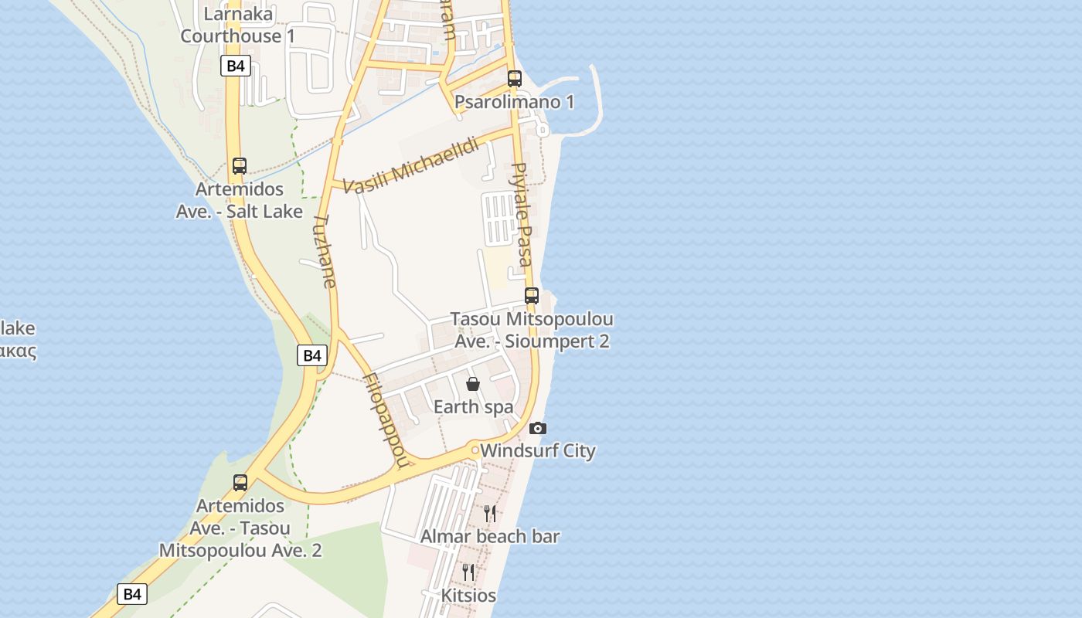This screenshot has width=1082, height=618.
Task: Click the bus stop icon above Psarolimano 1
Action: click(515, 78)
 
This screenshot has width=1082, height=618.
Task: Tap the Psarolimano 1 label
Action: click(514, 102)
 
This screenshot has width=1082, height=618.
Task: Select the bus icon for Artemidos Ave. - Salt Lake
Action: click(240, 165)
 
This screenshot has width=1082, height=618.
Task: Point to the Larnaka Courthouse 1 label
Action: click(238, 25)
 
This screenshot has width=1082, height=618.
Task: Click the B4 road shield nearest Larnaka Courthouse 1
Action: click(236, 66)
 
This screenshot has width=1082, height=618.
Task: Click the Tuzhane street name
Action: click(325, 251)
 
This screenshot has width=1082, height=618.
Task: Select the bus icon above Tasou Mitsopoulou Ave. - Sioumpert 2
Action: click(531, 295)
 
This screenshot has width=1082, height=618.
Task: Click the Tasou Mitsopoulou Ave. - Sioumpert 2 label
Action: click(532, 330)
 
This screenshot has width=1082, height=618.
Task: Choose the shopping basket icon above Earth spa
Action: click(473, 384)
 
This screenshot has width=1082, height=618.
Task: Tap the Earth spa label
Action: click(473, 407)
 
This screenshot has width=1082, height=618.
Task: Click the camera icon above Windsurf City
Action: click(537, 428)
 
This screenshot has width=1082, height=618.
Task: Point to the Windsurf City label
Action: click(538, 450)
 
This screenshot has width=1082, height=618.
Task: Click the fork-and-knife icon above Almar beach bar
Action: click(489, 513)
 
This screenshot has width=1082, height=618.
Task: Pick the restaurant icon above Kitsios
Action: click(468, 572)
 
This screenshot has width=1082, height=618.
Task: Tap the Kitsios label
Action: click(468, 596)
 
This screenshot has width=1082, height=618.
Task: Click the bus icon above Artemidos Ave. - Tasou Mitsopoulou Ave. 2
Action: click(240, 483)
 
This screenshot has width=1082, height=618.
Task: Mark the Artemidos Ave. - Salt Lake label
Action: click(240, 200)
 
